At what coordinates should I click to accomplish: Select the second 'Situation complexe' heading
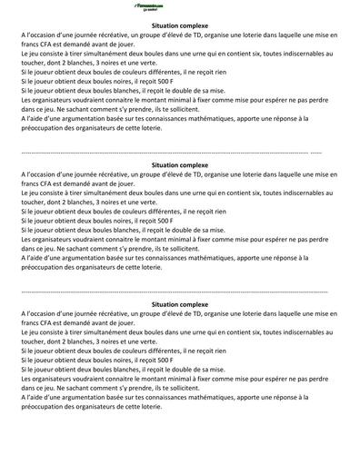(180, 165)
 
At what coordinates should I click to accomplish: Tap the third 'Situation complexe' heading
(180, 303)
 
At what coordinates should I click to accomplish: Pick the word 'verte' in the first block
(140, 64)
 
